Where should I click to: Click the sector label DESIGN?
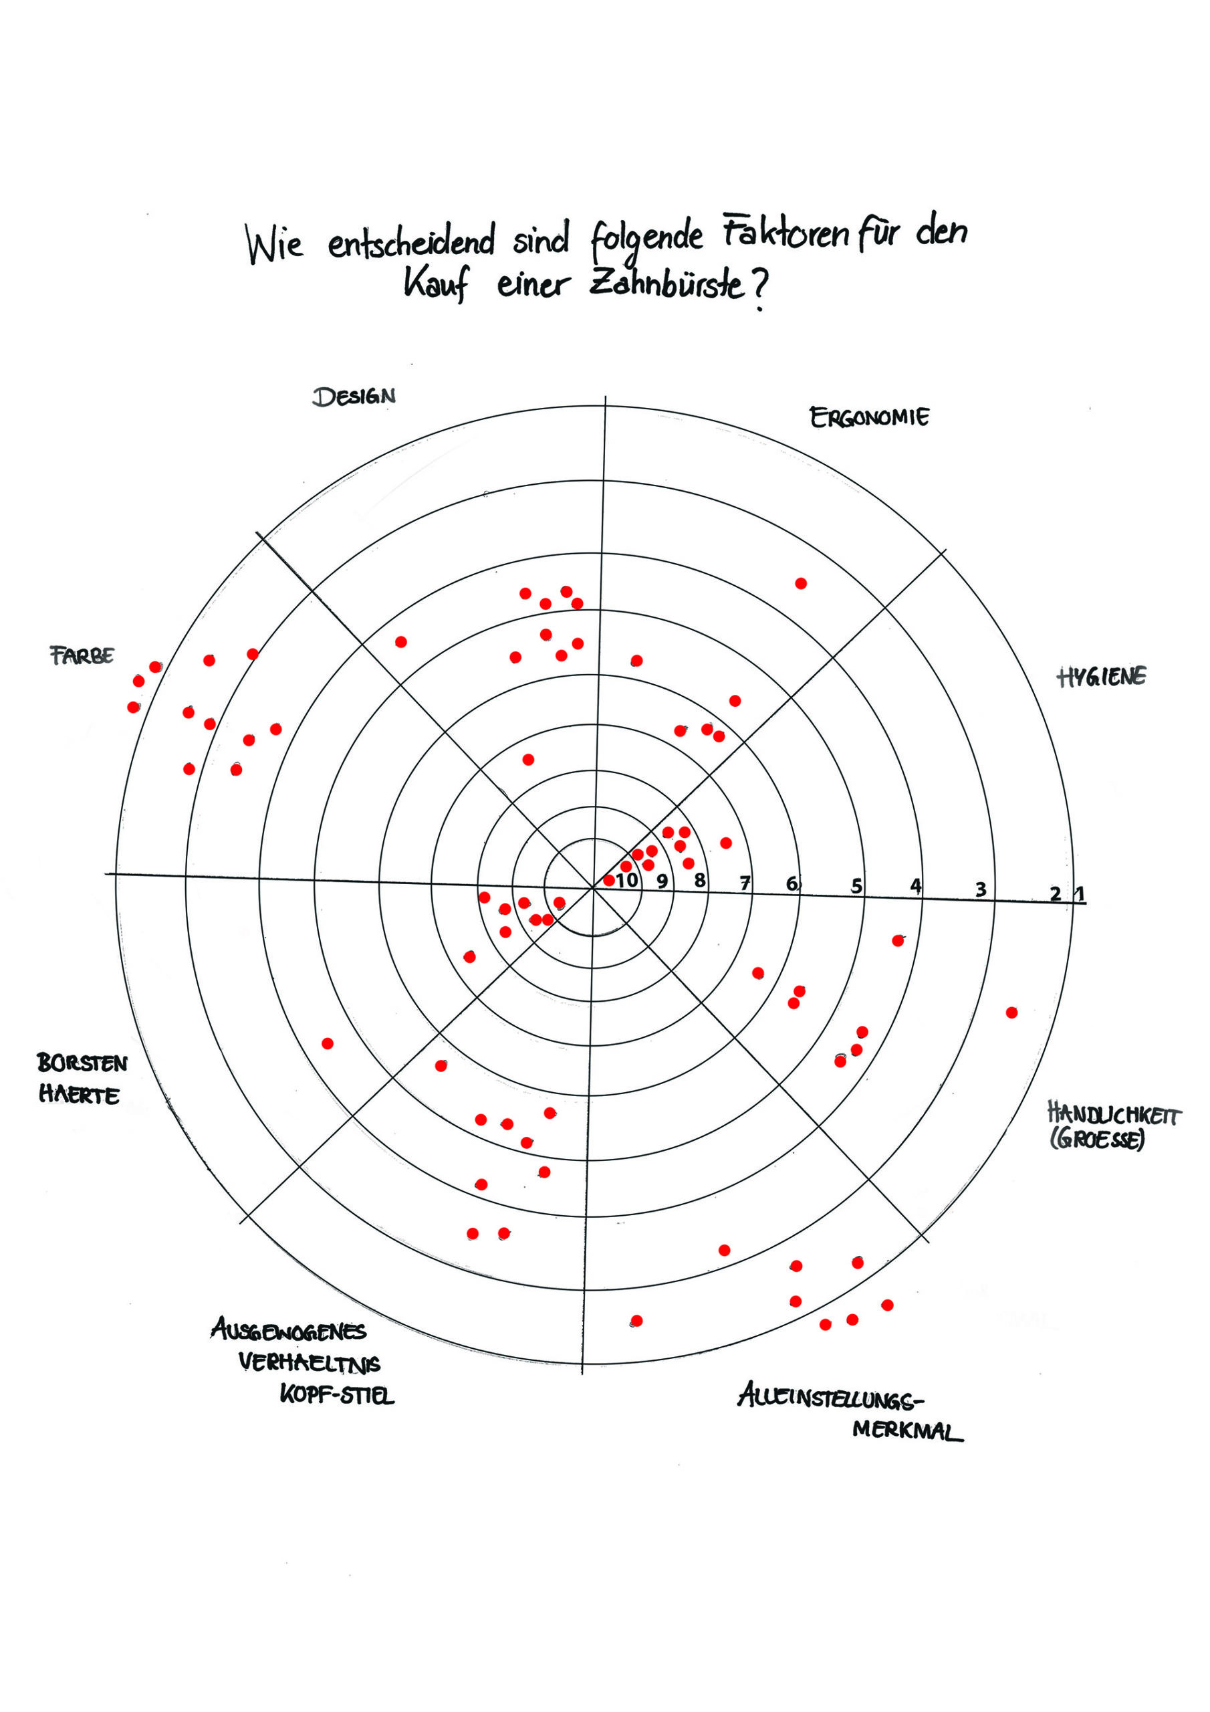[x=354, y=396]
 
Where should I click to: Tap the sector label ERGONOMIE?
[x=869, y=417]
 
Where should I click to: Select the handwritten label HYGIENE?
[x=1101, y=677]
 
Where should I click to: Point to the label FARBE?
[x=82, y=655]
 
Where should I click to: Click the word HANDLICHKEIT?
[x=1114, y=1115]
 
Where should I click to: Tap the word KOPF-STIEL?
[x=337, y=1394]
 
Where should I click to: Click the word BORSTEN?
[x=82, y=1063]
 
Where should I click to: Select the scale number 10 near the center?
[x=627, y=881]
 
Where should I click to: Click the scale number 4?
[x=915, y=886]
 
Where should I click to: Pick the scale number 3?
[x=981, y=889]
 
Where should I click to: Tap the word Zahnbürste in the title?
[x=667, y=286]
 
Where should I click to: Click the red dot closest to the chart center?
[x=609, y=881]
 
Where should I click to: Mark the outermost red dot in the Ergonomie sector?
[x=801, y=583]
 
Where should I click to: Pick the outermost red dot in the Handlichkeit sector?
[x=1011, y=1012]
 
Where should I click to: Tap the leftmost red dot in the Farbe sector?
[x=134, y=707]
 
